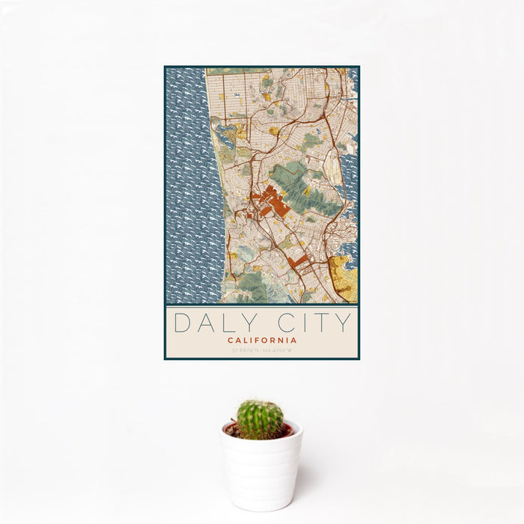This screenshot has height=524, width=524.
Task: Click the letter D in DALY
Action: [x=182, y=323]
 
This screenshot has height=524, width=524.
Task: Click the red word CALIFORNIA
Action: [x=262, y=340]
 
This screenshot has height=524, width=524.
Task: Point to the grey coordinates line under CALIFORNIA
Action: [x=262, y=350]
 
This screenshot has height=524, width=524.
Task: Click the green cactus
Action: [x=261, y=419]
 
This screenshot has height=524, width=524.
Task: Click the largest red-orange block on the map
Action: [x=269, y=201]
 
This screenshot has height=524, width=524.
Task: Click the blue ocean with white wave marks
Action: [x=191, y=187]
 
